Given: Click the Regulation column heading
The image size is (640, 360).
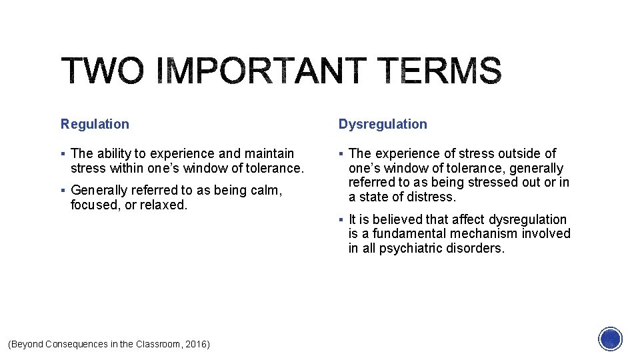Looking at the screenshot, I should point(95,124).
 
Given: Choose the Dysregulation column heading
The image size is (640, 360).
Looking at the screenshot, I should point(383,124).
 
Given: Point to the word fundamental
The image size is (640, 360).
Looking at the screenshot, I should point(411,234).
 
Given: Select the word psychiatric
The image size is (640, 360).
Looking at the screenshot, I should point(408,248).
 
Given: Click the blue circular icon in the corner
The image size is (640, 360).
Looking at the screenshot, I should point(610,339).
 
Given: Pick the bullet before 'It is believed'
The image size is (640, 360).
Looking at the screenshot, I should point(341,220).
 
